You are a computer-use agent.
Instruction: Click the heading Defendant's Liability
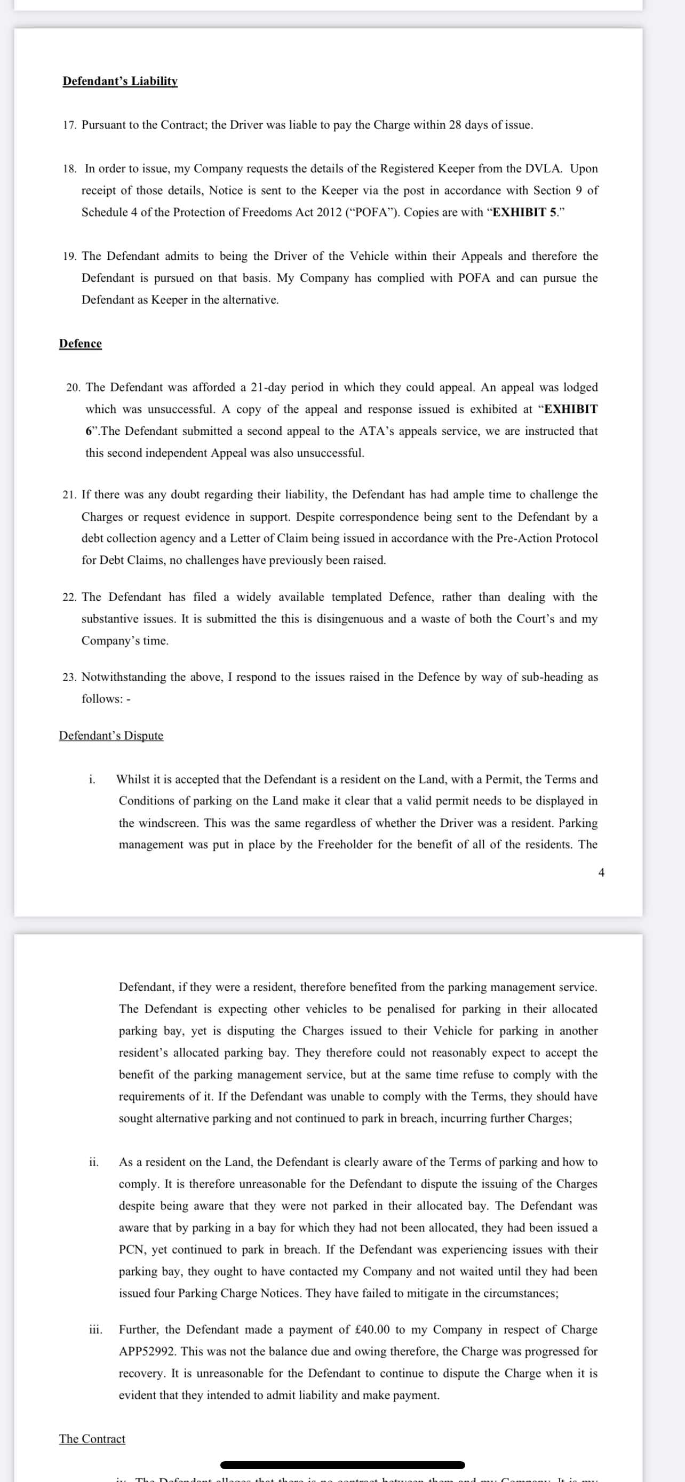pos(120,81)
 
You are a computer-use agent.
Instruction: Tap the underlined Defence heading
pos(80,344)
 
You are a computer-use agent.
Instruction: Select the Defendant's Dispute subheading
pos(111,736)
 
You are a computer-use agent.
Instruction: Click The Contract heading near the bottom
pos(92,1439)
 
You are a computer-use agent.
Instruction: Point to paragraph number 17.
pos(69,125)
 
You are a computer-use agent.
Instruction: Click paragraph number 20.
pos(73,388)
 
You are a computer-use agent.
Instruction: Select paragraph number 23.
pos(69,677)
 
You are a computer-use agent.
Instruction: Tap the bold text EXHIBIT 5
pos(525,212)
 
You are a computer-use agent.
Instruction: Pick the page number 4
pos(601,873)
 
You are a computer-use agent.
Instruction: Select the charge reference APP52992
pos(147,1351)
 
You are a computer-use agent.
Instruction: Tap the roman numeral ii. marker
pos(94,1161)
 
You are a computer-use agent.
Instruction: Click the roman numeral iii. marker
pos(95,1329)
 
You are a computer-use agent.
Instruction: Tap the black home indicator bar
pos(342,1465)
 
